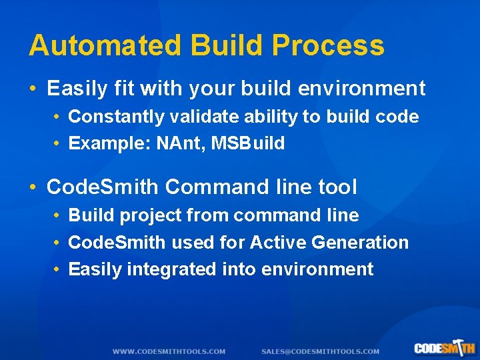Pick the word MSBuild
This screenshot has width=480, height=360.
click(x=248, y=143)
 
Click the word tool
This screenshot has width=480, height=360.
click(x=335, y=187)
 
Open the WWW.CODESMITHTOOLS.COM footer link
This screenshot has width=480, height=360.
click(x=169, y=351)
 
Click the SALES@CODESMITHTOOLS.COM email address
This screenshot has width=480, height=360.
click(x=320, y=351)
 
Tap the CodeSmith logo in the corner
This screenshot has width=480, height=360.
click(x=444, y=348)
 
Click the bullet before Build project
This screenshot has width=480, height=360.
click(x=58, y=216)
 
